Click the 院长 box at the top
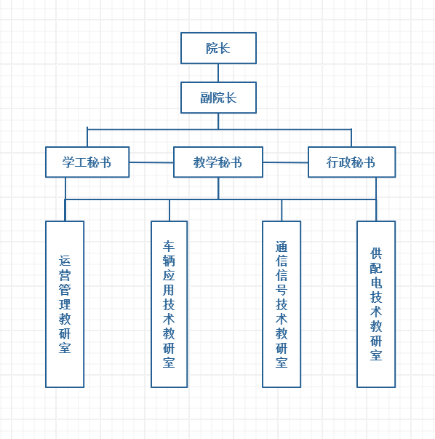[218, 48]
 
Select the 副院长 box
[218, 98]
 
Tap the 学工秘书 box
[87, 162]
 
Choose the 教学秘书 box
[218, 162]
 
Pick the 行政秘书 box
[351, 162]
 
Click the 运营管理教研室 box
[65, 304]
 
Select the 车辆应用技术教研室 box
[169, 304]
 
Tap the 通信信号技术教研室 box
[282, 304]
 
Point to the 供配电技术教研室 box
[376, 304]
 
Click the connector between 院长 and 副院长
[218, 73]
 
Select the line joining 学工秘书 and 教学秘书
[151, 162]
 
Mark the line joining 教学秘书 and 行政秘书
[286, 162]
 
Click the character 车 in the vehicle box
[169, 246]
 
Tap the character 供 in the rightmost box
[376, 253]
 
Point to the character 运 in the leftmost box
[65, 261]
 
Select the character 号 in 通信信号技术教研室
[282, 290]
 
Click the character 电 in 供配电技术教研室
[376, 282]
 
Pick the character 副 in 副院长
[206, 98]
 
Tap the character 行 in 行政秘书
[332, 162]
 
